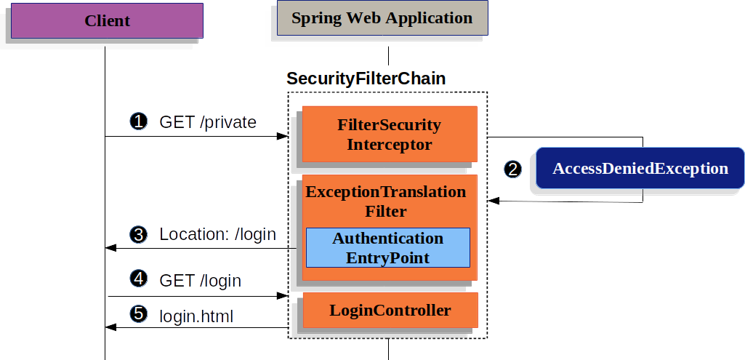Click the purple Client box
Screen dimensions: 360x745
(x=106, y=20)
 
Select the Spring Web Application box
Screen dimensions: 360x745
(x=382, y=18)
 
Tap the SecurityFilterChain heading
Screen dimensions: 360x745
(x=366, y=79)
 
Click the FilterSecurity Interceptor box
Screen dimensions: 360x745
(x=389, y=134)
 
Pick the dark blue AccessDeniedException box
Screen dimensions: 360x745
(x=640, y=169)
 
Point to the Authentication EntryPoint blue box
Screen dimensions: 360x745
(x=387, y=248)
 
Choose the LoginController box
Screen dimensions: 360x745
(x=390, y=311)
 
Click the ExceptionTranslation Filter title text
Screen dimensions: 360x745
(x=386, y=201)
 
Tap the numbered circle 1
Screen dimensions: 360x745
(x=138, y=121)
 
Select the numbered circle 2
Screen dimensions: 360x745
(x=513, y=169)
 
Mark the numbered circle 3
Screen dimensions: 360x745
(x=138, y=234)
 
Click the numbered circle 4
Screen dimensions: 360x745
(x=138, y=279)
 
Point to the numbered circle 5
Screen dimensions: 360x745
(x=138, y=314)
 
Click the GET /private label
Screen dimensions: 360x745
(x=208, y=122)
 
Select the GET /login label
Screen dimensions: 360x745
(x=200, y=280)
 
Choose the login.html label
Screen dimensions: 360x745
(x=196, y=316)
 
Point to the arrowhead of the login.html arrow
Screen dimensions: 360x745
(x=110, y=327)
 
